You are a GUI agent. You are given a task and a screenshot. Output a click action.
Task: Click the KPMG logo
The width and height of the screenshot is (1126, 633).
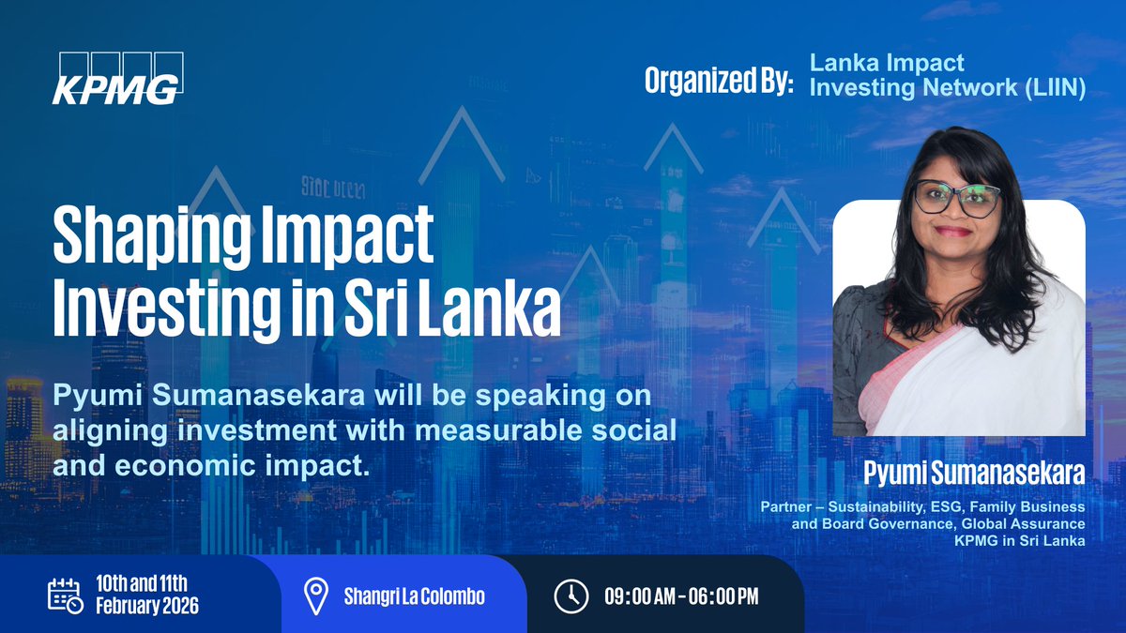117,79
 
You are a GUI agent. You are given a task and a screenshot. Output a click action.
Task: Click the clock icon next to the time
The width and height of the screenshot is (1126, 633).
571,595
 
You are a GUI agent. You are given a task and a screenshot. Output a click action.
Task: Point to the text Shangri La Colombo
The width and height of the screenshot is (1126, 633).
414,595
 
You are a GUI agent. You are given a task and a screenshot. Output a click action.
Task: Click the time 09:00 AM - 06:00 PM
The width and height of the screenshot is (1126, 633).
680,595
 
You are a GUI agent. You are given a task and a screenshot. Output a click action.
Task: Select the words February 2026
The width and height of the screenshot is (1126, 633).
147,606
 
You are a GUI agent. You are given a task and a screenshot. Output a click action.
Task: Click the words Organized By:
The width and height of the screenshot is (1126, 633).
719,82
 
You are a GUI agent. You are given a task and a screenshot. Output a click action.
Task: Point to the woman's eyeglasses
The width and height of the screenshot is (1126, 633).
956,198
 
